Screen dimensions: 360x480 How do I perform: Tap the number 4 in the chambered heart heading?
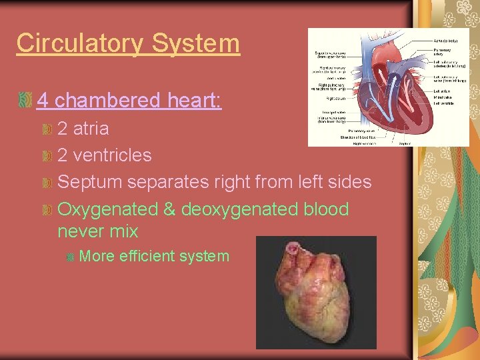point(43,101)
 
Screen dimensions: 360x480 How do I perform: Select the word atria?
point(91,128)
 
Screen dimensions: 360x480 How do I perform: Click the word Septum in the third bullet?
point(89,183)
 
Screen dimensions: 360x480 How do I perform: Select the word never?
point(79,231)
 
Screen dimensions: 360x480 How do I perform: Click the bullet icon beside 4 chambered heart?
point(26,101)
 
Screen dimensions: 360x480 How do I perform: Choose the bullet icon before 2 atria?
point(47,128)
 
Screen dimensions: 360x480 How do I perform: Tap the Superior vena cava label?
point(331,54)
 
